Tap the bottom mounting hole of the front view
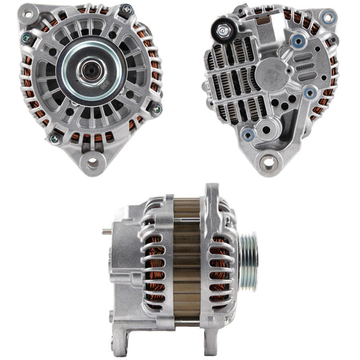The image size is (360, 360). pos(90,163)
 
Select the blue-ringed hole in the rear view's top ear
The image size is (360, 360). pos(328,16)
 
